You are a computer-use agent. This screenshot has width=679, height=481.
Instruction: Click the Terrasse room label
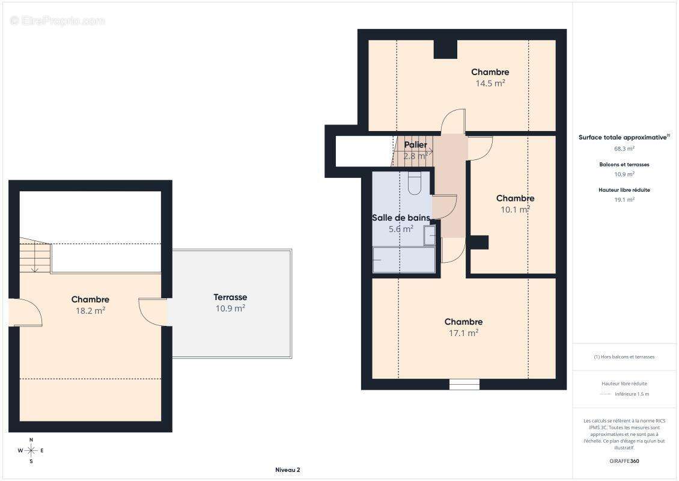pyautogui.click(x=230, y=297)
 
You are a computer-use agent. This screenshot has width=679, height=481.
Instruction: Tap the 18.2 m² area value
pyautogui.click(x=91, y=311)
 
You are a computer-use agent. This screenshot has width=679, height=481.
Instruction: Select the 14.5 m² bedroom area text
pyautogui.click(x=490, y=83)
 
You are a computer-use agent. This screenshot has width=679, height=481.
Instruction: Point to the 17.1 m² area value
pyautogui.click(x=463, y=333)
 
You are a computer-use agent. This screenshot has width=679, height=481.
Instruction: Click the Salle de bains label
pyautogui.click(x=401, y=218)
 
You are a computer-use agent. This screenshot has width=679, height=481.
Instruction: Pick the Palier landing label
pyautogui.click(x=416, y=145)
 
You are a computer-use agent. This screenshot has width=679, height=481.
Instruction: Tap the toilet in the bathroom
pyautogui.click(x=415, y=183)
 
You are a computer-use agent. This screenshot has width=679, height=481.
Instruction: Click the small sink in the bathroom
pyautogui.click(x=430, y=235)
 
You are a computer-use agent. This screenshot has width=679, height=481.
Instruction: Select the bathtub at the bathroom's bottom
pyautogui.click(x=404, y=260)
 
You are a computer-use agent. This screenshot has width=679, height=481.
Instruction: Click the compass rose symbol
pyautogui.click(x=31, y=451)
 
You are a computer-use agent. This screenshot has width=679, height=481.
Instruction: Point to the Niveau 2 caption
pyautogui.click(x=288, y=470)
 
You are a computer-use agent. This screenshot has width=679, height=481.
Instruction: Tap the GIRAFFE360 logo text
pyautogui.click(x=624, y=461)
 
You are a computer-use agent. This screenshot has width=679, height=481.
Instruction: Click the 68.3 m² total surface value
pyautogui.click(x=624, y=149)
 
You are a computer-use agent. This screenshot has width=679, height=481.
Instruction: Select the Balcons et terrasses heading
pyautogui.click(x=624, y=165)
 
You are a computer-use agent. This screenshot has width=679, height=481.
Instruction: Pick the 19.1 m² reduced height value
pyautogui.click(x=624, y=200)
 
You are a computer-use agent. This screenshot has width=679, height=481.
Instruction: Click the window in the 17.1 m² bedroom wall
pyautogui.click(x=464, y=384)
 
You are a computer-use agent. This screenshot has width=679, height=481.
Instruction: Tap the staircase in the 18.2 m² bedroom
pyautogui.click(x=35, y=256)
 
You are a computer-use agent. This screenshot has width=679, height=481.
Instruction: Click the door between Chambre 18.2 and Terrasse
pyautogui.click(x=153, y=311)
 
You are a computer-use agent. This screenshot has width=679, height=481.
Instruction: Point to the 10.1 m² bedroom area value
pyautogui.click(x=516, y=209)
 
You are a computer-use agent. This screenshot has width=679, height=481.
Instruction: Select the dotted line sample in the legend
pyautogui.click(x=605, y=394)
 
